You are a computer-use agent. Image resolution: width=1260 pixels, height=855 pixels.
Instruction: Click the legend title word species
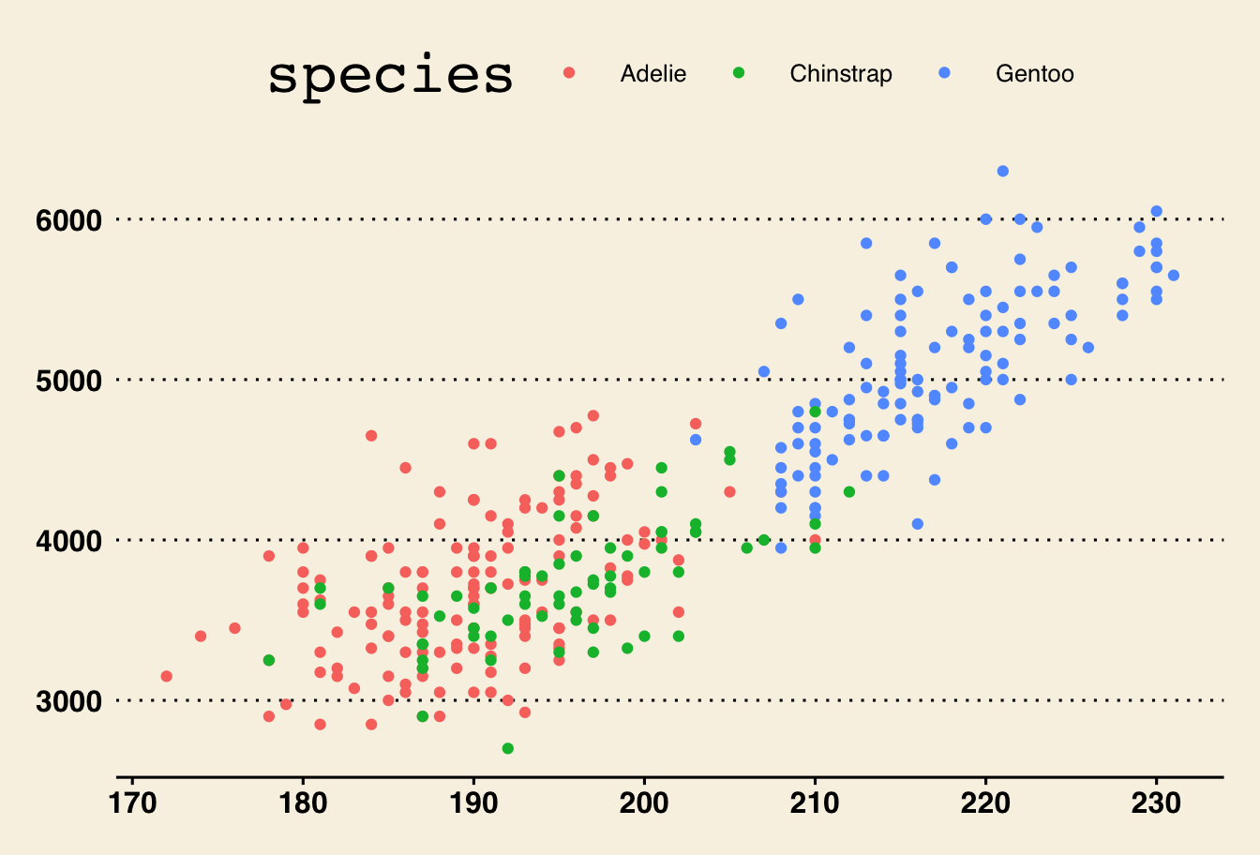390,75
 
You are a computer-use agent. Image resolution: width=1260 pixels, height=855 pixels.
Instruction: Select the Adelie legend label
652,74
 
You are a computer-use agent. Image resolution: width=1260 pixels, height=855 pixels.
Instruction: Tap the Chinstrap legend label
840,74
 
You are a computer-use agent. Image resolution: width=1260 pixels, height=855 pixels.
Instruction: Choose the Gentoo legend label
1034,74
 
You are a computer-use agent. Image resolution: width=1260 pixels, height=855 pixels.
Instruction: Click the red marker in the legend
569,73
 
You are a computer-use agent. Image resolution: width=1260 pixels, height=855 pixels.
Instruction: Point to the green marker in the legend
739,73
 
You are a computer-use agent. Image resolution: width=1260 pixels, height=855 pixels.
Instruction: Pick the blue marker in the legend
944,73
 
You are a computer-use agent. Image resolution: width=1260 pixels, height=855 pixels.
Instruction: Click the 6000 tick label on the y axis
68,220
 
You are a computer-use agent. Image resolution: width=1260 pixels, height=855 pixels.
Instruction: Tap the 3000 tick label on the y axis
68,701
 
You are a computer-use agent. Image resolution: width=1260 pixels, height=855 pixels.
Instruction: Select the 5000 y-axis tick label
68,381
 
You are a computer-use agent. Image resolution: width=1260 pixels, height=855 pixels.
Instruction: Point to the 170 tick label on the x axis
132,803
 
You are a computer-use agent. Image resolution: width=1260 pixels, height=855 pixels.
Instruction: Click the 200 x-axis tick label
644,803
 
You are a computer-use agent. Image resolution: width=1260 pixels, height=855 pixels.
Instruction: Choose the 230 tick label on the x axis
1156,803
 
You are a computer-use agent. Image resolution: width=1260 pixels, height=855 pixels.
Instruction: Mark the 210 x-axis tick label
815,803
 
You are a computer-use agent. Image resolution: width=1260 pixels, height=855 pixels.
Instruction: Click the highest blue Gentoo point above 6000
1003,171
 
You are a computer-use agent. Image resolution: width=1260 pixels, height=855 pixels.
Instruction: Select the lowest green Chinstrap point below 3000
508,748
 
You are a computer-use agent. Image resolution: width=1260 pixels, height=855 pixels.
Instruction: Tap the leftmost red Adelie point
167,676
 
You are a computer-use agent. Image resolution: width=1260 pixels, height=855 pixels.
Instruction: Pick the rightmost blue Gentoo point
1174,275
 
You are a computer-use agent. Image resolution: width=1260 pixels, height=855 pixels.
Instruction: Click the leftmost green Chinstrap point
269,660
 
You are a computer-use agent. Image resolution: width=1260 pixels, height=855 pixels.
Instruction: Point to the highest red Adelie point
592,415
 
